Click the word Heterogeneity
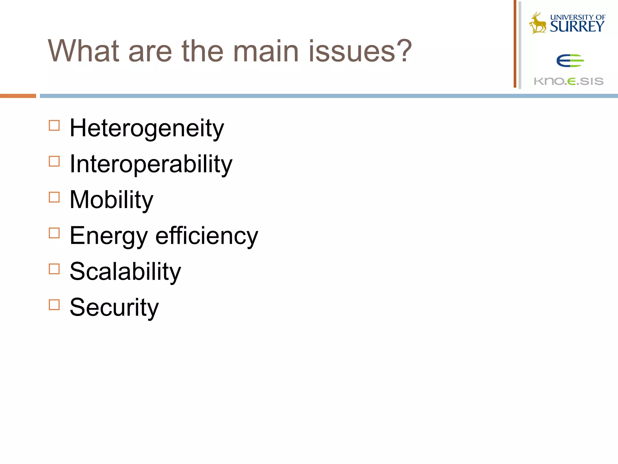147,128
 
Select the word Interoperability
151,164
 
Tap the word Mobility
111,200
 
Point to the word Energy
109,236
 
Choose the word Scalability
125,271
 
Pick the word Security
114,307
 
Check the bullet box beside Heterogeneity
54,125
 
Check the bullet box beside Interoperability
54,161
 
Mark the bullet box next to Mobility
54,197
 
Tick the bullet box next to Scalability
54,269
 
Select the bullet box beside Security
54,305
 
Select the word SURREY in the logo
577,27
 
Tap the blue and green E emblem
570,61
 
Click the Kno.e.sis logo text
569,81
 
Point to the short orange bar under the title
18,96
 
